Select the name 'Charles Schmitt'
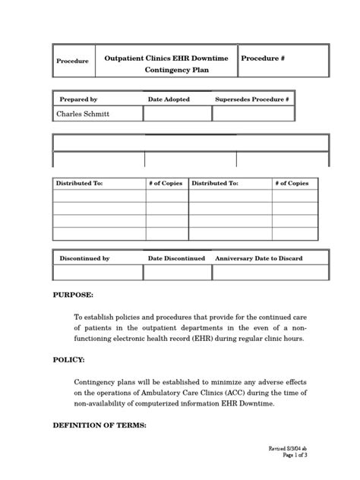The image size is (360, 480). pyautogui.click(x=84, y=114)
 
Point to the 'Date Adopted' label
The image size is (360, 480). pyautogui.click(x=169, y=99)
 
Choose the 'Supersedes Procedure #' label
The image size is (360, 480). pyautogui.click(x=253, y=99)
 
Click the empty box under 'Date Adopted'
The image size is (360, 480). pyautogui.click(x=177, y=114)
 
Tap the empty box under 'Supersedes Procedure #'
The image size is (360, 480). pyautogui.click(x=254, y=114)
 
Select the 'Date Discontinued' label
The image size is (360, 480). pyautogui.click(x=176, y=258)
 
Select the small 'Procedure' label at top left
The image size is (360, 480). pyautogui.click(x=73, y=61)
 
